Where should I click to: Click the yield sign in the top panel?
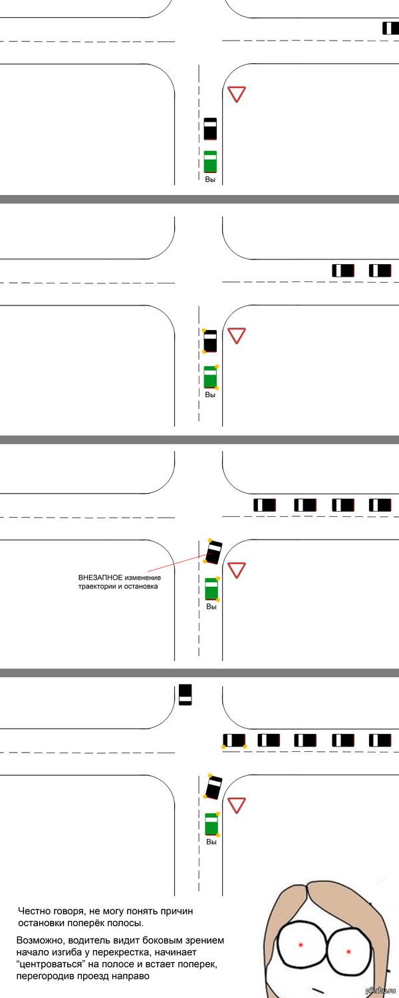(237, 94)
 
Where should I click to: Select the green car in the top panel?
(210, 162)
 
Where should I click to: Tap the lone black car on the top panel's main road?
(390, 28)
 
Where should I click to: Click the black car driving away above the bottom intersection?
(185, 695)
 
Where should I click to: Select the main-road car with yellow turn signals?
(234, 740)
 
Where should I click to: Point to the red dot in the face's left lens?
(301, 945)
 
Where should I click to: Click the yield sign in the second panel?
(237, 335)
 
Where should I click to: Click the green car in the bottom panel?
(211, 824)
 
